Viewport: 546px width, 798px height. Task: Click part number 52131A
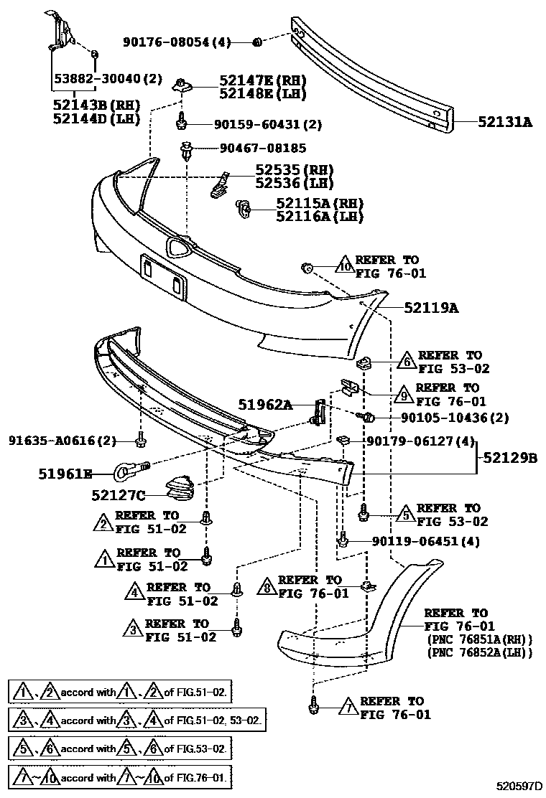(505, 123)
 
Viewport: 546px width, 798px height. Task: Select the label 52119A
(430, 308)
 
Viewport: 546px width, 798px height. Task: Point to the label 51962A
(266, 405)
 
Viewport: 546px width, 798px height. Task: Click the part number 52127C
(119, 494)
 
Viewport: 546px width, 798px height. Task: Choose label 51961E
(65, 473)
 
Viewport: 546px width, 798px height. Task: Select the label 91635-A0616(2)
(63, 441)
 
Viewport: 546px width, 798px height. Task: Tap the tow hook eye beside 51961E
(124, 471)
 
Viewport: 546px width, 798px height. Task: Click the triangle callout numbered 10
(344, 266)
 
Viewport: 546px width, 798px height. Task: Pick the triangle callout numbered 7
(347, 708)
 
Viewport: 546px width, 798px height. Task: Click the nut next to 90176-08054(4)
(257, 42)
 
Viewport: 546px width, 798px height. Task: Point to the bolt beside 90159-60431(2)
(182, 122)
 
